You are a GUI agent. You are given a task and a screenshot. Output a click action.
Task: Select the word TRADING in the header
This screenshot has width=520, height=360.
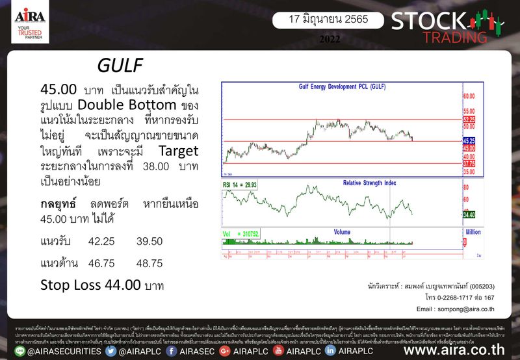coord(450,37)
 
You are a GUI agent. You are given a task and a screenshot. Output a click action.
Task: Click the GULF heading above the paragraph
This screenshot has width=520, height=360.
coord(118,66)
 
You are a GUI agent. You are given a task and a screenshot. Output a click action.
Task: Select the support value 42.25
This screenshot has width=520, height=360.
coord(101,241)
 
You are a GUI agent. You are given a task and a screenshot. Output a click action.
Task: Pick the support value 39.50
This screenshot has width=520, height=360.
coord(149,241)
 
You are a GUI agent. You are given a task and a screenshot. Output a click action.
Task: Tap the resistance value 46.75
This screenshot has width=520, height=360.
coord(101,263)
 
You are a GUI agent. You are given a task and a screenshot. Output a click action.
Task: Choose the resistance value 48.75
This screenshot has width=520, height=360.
coord(149,263)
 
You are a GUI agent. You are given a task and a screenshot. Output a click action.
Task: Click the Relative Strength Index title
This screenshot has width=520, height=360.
coord(370,183)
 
